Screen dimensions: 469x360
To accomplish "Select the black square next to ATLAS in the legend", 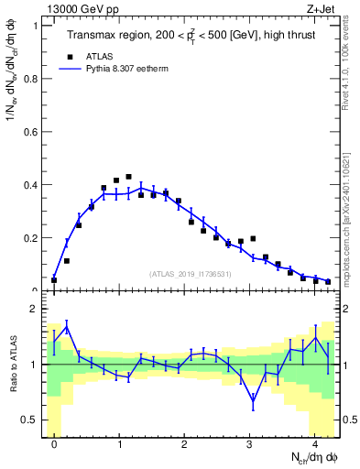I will (71, 55).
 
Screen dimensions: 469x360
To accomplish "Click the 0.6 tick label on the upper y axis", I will (31, 132).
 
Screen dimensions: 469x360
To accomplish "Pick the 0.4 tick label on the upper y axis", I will (31, 185).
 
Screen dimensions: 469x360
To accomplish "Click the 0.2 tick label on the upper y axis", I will (31, 238).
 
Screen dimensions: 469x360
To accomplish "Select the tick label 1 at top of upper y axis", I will (36, 26).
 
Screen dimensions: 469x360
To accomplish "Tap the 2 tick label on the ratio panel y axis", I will (36, 310).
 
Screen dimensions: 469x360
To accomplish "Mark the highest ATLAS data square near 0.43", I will (128, 177).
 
